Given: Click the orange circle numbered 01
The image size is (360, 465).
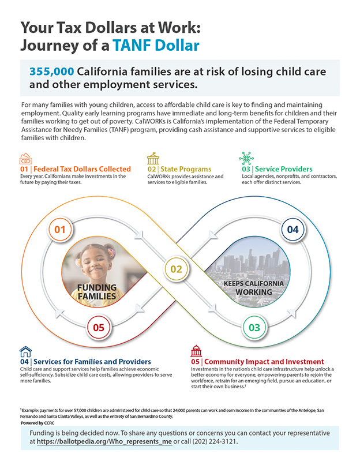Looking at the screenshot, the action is (x=60, y=230).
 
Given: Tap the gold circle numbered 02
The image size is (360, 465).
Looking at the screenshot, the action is (x=176, y=269).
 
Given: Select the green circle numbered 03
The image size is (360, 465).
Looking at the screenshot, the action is (x=254, y=327).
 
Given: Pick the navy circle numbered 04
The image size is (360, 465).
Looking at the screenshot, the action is (x=292, y=230).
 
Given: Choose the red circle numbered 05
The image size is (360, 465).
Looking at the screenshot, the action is (x=99, y=327).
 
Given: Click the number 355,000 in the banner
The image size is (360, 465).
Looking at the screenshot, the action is (x=51, y=72).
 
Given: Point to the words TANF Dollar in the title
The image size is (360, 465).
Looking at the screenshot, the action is (x=156, y=46).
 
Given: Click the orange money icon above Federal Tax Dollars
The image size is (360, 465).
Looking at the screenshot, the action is (x=25, y=159).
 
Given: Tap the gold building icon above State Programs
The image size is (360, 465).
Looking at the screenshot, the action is (x=153, y=159).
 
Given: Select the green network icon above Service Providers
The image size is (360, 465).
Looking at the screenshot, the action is (x=246, y=158).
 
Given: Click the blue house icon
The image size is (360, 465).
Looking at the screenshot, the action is (x=25, y=352).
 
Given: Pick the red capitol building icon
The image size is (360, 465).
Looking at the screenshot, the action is (x=196, y=351).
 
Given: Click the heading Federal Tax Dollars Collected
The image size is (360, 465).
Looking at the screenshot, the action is (x=82, y=169).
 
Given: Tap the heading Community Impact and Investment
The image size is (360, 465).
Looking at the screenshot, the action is (x=264, y=362).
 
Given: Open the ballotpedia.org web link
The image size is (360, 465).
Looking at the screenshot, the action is (x=104, y=441).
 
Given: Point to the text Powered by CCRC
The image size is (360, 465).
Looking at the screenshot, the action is (x=37, y=423).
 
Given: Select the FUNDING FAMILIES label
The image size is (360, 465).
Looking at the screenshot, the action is (x=97, y=292).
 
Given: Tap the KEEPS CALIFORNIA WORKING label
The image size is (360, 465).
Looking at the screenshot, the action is (x=253, y=288).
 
